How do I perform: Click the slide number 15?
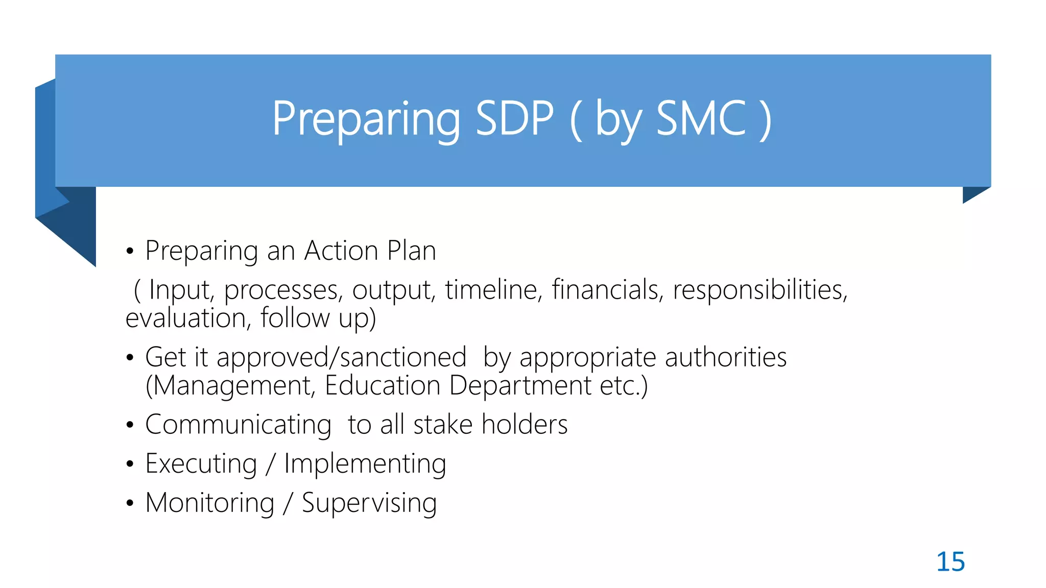[950, 562]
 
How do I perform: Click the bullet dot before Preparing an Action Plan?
[130, 252]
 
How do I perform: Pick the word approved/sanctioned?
[341, 357]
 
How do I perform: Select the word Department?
[520, 386]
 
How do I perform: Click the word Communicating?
[238, 425]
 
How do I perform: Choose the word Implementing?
[365, 464]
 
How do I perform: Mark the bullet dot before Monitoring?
[130, 504]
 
